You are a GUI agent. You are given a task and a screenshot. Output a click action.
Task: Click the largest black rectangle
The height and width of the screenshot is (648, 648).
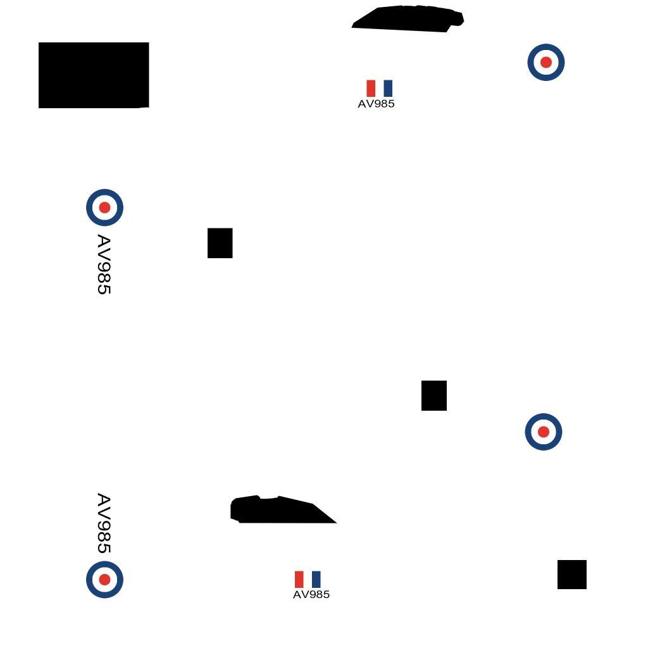94,75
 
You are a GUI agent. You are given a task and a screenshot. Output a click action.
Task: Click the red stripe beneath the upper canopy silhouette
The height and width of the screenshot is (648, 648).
371,89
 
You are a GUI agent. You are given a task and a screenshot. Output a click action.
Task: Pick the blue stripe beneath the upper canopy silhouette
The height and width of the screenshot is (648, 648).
388,89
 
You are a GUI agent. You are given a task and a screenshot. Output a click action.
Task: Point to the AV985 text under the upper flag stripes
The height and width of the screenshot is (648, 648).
376,104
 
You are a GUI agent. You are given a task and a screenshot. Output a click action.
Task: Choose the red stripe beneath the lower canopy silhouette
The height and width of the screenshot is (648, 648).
299,580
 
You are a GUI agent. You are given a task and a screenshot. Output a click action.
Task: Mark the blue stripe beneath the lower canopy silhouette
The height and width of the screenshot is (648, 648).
316,580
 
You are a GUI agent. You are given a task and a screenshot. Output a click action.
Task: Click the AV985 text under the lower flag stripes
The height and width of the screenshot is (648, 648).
311,595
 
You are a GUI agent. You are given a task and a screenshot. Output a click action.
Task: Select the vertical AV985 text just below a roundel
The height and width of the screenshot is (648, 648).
104,265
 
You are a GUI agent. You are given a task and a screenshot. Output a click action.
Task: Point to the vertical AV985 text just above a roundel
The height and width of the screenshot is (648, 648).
104,523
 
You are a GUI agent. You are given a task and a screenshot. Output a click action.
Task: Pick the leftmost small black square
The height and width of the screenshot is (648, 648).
220,243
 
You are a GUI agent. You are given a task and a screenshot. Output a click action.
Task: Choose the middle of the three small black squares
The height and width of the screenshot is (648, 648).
434,396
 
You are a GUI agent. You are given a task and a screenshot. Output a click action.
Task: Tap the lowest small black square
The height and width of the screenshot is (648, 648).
572,575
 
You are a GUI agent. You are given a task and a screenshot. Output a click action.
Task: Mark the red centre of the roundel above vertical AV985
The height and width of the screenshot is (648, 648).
104,208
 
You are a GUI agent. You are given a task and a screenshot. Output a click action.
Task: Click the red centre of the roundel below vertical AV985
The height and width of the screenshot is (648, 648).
104,580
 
